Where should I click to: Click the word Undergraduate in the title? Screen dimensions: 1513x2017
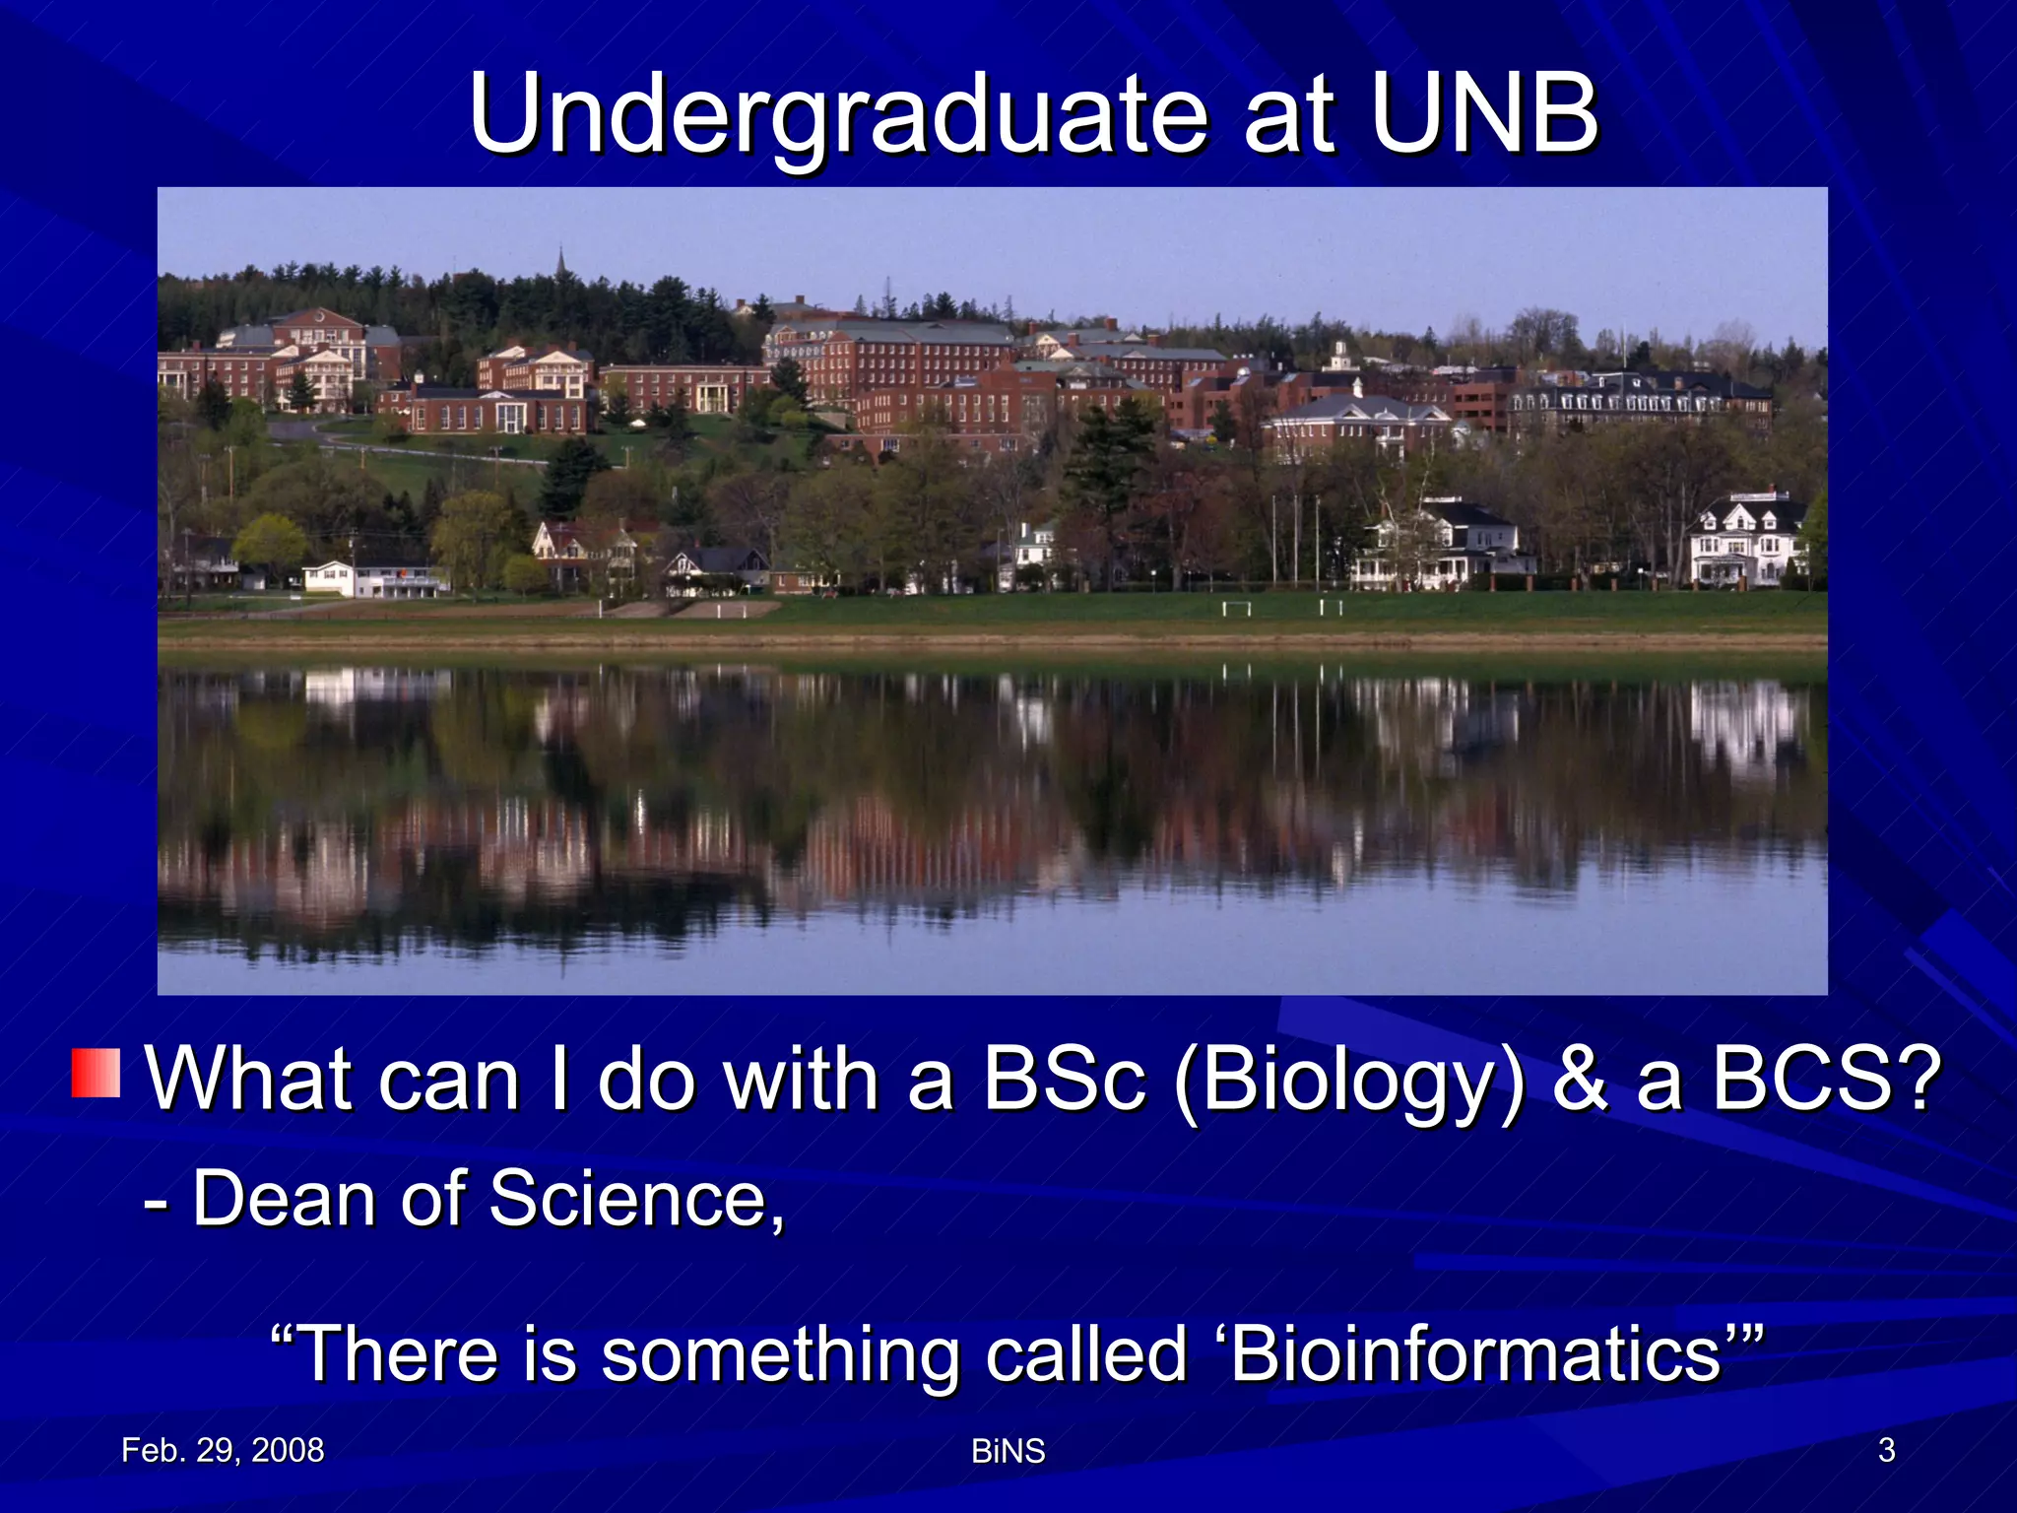(837, 116)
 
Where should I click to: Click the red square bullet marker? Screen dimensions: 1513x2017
(96, 1073)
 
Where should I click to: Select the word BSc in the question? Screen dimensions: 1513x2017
(1065, 1080)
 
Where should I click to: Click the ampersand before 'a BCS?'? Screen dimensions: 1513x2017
(1580, 1080)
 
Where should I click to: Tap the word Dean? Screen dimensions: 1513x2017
(284, 1199)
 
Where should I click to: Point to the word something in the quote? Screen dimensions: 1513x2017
(780, 1355)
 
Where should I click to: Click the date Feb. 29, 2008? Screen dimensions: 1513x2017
(223, 1450)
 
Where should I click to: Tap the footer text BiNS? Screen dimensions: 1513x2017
(1008, 1451)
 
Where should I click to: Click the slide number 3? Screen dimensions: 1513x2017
(1886, 1450)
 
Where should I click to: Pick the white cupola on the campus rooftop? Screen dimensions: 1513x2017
(1339, 355)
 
